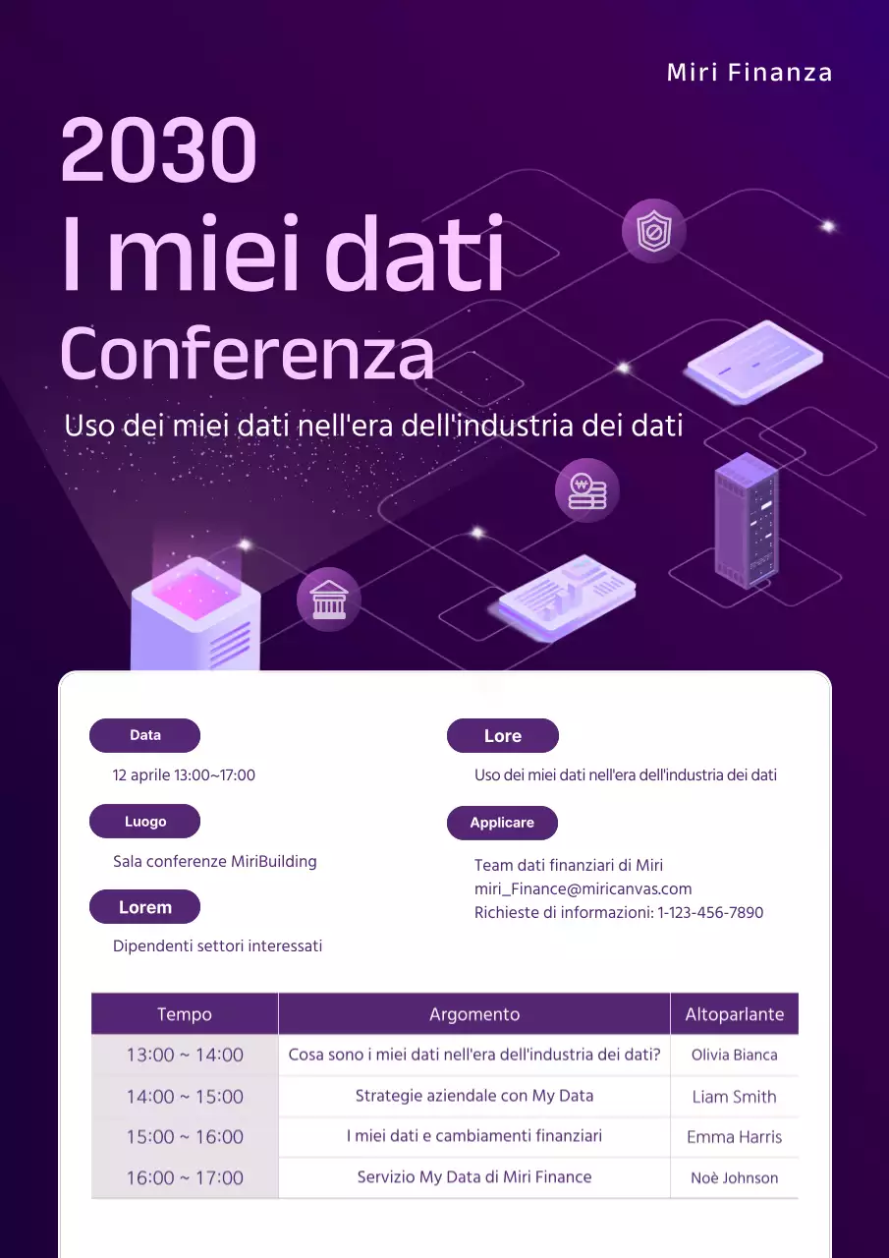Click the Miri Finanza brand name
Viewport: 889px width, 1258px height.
(750, 73)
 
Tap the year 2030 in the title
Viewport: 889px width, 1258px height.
(159, 150)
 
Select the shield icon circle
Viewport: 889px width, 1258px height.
(653, 232)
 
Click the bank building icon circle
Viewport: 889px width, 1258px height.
(329, 600)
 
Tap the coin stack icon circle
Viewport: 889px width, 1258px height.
(587, 489)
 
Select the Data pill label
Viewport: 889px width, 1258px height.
(144, 735)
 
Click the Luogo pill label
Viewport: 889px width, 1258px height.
(144, 822)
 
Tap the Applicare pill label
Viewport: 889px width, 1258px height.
(502, 823)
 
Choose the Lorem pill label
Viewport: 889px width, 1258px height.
(144, 907)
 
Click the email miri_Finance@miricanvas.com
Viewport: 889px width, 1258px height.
(583, 888)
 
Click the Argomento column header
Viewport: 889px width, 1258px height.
(474, 1014)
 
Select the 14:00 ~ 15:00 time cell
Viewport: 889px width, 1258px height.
(185, 1096)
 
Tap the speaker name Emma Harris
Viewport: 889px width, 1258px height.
(734, 1137)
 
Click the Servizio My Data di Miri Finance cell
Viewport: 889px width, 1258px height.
(474, 1176)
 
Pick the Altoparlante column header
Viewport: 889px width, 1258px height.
(734, 1014)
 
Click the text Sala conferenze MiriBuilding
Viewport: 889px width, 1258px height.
(215, 861)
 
